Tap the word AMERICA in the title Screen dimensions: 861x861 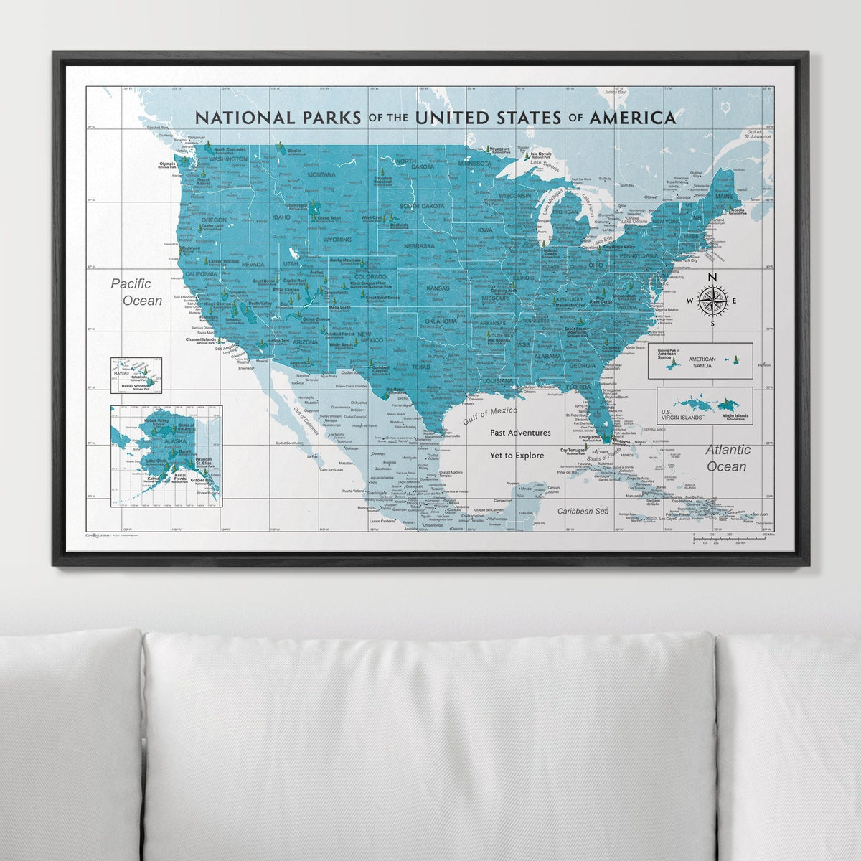[x=632, y=118]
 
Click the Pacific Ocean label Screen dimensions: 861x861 [x=136, y=292]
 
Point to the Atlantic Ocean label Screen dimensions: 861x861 [x=728, y=458]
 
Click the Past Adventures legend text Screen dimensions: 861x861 [x=520, y=433]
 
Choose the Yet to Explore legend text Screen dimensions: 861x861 [x=517, y=455]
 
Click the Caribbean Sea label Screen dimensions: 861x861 [x=583, y=511]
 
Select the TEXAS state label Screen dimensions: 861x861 [x=421, y=367]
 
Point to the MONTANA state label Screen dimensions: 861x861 [x=321, y=174]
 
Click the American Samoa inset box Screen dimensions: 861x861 [x=700, y=360]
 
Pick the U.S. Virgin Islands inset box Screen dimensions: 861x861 [x=705, y=405]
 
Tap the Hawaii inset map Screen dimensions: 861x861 [x=136, y=376]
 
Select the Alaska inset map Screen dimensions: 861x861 [x=166, y=456]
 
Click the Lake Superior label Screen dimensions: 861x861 [x=545, y=163]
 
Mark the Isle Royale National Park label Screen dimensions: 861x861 [x=540, y=154]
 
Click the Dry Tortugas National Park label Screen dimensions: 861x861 [x=574, y=452]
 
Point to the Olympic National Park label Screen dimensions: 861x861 [x=167, y=164]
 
